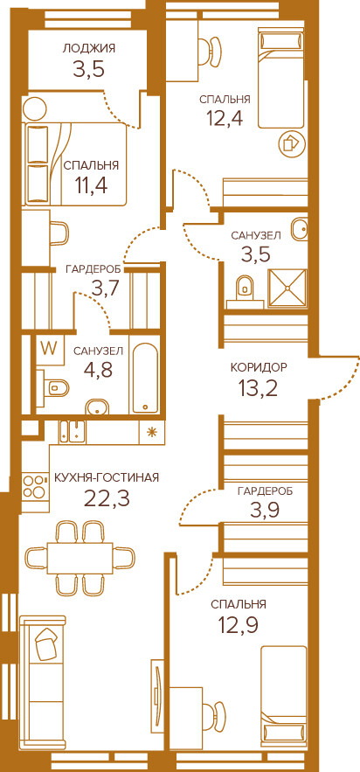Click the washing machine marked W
pyautogui.click(x=49, y=349)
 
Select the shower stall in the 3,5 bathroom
pyautogui.click(x=287, y=288)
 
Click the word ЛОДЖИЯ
pyautogui.click(x=88, y=48)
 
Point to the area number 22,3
pyautogui.click(x=107, y=498)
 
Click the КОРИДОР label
pyautogui.click(x=259, y=367)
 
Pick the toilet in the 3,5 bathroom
pyautogui.click(x=244, y=288)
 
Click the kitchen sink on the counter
pyautogui.click(x=72, y=431)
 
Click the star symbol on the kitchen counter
pyautogui.click(x=152, y=432)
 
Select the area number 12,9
pyautogui.click(x=239, y=626)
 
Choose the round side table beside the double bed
pyautogui.click(x=35, y=108)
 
